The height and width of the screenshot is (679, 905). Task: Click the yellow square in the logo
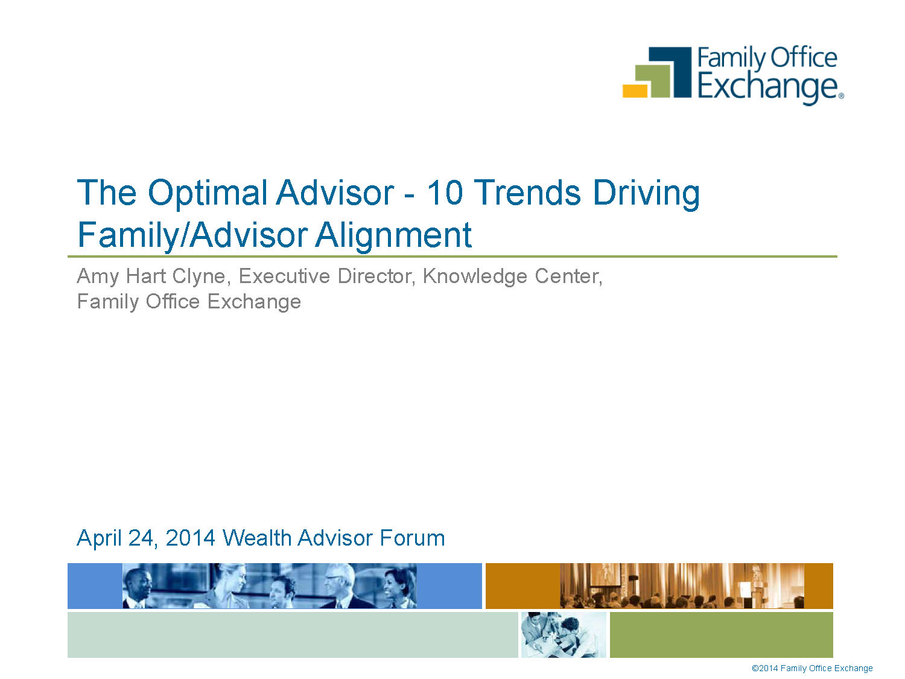[x=635, y=91]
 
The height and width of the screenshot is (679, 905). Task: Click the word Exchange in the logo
[x=767, y=87]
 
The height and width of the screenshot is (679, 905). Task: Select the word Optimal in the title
[x=208, y=193]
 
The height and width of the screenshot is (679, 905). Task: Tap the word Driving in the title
[x=647, y=193]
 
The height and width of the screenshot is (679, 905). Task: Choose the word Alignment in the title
[x=393, y=235]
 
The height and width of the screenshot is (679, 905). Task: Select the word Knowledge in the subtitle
[x=475, y=276]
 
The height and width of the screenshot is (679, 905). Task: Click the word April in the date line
[x=99, y=538]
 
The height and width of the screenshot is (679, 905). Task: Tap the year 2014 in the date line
[x=190, y=538]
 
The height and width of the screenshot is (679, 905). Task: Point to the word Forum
[x=412, y=538]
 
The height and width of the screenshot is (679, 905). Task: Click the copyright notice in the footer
[x=812, y=668]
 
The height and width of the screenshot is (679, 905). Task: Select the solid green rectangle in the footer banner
[x=721, y=634]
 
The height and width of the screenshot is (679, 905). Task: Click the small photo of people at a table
[x=564, y=634]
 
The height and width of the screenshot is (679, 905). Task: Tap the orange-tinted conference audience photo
[x=682, y=586]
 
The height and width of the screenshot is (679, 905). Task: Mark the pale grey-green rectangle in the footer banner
[x=293, y=634]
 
